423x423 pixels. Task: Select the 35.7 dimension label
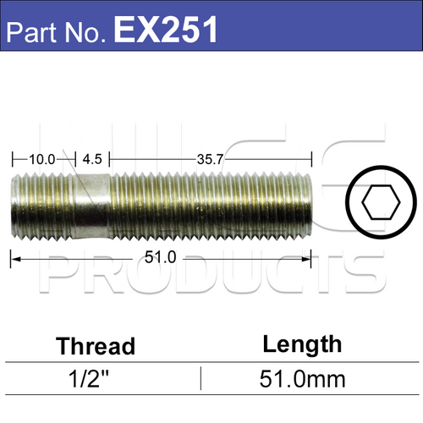pyautogui.click(x=211, y=158)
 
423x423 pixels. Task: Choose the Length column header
pyautogui.click(x=302, y=343)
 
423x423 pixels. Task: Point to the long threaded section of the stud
pyautogui.click(x=211, y=206)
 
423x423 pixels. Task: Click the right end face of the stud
pyautogui.click(x=311, y=206)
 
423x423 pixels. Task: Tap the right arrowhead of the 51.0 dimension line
pyautogui.click(x=308, y=258)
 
